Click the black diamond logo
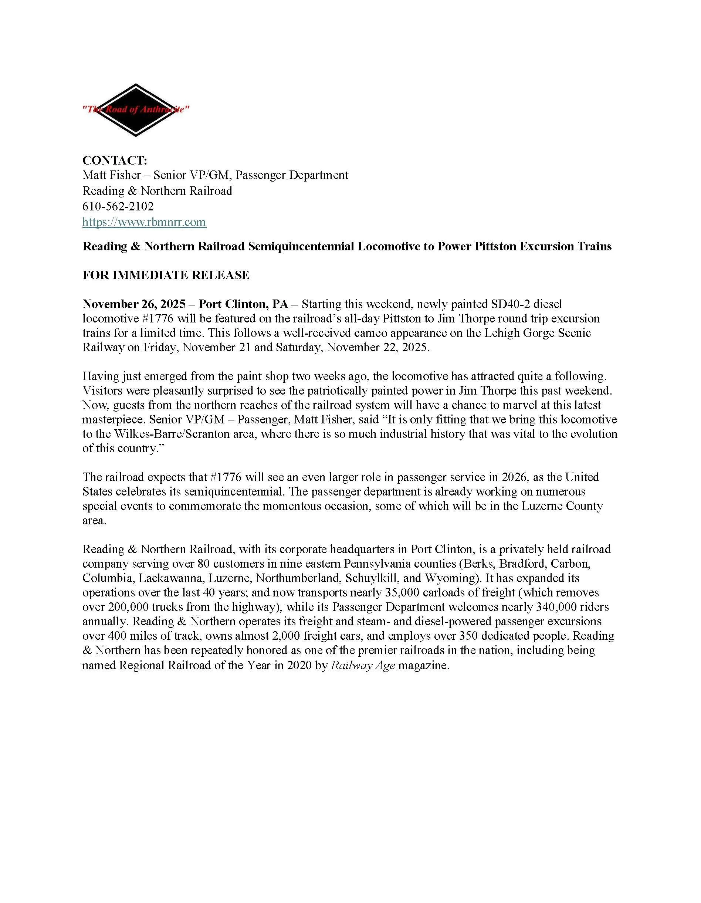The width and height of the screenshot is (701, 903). tap(136, 110)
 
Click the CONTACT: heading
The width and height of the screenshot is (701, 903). tap(115, 160)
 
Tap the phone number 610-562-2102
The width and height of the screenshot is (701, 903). tap(118, 206)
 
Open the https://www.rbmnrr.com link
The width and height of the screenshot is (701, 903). tap(144, 222)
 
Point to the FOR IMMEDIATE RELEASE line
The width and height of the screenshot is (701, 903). tap(166, 275)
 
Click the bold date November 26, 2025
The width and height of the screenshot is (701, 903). tap(134, 304)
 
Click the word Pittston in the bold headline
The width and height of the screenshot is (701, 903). tap(495, 246)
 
